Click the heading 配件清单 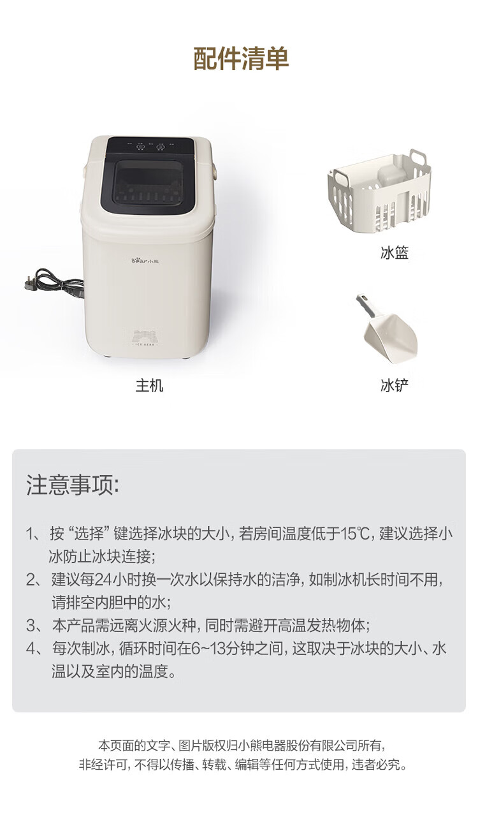(241, 58)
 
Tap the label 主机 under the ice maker (149, 385)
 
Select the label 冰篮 (395, 253)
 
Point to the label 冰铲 (395, 385)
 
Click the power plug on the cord (31, 283)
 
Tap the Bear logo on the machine (145, 261)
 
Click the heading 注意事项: (73, 485)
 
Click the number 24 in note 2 (103, 580)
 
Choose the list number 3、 (35, 626)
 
